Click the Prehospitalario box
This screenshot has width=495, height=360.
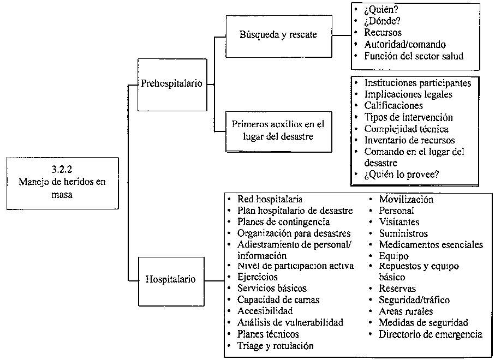pos(172,85)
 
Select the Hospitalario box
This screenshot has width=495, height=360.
pos(171,281)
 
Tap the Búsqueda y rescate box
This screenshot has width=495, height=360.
pos(279,37)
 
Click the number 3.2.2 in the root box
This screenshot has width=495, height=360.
pos(62,170)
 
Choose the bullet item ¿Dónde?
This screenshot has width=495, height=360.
pos(382,21)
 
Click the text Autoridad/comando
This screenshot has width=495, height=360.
pos(405,44)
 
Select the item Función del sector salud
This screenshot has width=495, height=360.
pos(414,56)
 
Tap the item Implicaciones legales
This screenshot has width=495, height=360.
pos(408,94)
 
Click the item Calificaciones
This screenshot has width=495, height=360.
pos(393,105)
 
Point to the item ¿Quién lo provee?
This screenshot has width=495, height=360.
pos(401,174)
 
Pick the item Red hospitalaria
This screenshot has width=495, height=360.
pos(270,199)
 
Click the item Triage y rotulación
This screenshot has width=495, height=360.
pos(275,346)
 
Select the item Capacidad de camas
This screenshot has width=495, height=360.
pos(278,299)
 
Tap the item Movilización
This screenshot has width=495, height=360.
pos(406,199)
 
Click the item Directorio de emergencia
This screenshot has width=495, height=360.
pos(431,334)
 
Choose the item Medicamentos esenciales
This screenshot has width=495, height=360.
pos(431,244)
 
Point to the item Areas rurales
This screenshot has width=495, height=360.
pos(405,311)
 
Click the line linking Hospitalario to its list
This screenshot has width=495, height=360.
pos(214,280)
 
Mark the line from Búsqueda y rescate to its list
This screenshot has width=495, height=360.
pos(342,35)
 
